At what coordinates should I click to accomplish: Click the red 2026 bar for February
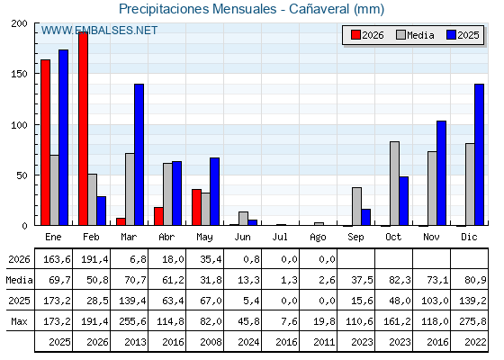(x=83, y=129)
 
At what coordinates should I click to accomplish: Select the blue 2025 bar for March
(x=139, y=155)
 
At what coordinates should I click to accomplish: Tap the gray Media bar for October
(x=395, y=184)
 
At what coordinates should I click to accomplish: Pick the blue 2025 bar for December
(x=479, y=155)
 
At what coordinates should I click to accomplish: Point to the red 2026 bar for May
(x=197, y=207)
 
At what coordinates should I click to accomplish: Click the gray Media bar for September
(x=356, y=206)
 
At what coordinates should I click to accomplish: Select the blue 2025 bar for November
(x=441, y=173)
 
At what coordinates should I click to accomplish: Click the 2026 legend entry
(x=367, y=35)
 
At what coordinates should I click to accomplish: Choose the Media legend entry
(x=415, y=35)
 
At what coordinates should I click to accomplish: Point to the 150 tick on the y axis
(x=19, y=74)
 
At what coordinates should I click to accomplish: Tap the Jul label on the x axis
(x=280, y=237)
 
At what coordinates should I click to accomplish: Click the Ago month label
(x=318, y=238)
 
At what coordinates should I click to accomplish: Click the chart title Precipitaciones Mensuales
(x=198, y=9)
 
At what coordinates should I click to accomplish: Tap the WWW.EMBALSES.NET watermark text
(x=99, y=31)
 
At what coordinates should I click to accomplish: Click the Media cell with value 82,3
(x=400, y=280)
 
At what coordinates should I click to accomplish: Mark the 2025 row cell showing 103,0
(x=435, y=301)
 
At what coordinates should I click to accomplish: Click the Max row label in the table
(x=19, y=321)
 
